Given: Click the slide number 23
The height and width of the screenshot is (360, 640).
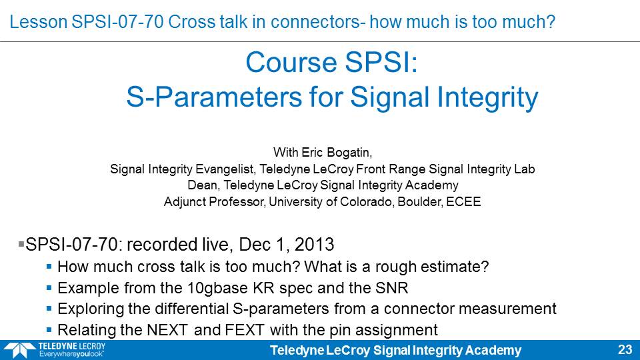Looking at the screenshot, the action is coord(625,350).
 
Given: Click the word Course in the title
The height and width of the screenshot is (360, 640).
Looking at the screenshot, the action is coord(291,63).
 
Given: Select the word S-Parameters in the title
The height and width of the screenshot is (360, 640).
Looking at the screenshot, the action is coord(214,97).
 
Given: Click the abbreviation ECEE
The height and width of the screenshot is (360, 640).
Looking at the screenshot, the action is coord(463,201).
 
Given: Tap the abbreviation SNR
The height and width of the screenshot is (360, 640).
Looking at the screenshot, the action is coord(391,288).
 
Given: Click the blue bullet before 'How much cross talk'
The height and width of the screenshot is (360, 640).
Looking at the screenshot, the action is coord(49,267).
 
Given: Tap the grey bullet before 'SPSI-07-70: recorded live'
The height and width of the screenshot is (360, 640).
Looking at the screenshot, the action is coord(21,244).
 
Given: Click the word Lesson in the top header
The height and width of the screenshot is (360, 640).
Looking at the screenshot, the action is coord(39,21).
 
